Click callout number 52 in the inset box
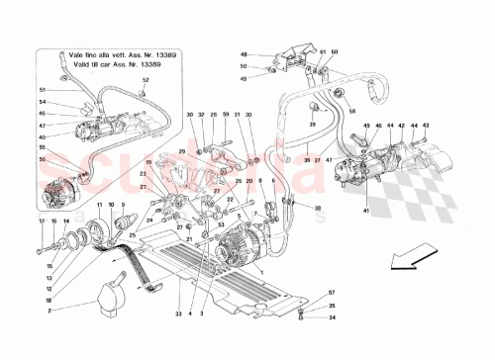[146, 79]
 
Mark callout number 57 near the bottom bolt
[334, 294]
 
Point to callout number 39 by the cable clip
[312, 125]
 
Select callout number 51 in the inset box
[42, 89]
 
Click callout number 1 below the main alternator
[217, 315]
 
